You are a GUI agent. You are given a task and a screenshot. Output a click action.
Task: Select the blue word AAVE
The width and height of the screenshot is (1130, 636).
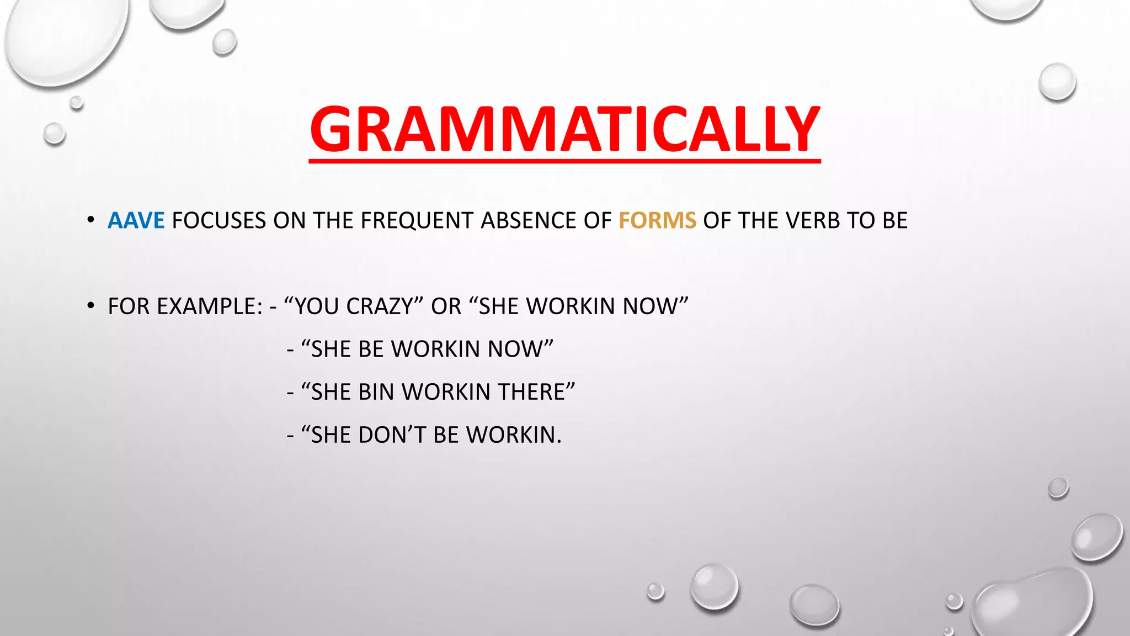click(136, 221)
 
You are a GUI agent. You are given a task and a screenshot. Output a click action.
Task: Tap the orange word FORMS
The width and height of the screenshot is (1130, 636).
click(657, 221)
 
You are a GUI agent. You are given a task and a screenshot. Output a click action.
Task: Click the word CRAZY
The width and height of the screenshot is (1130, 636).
click(380, 306)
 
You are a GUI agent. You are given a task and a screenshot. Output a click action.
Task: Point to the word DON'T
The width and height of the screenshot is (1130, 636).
click(392, 435)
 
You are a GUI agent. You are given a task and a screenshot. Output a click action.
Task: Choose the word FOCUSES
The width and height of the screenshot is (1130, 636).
click(219, 221)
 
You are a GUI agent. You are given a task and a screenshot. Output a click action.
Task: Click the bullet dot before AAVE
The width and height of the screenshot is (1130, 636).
click(91, 221)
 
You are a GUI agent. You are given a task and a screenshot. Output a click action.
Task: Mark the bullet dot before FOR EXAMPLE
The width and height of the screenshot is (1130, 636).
click(91, 306)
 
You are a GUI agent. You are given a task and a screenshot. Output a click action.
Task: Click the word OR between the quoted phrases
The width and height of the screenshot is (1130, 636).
click(446, 306)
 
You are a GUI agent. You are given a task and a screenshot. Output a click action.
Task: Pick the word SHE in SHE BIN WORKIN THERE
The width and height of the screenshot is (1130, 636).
click(331, 392)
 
